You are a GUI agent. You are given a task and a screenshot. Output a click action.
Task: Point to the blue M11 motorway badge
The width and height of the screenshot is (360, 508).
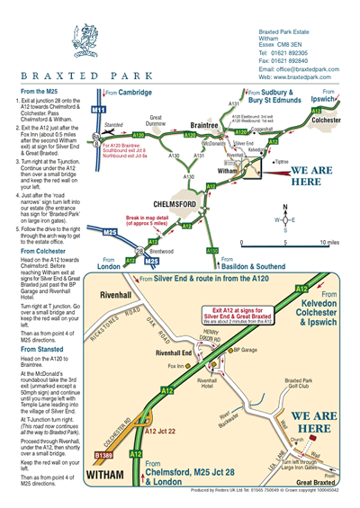100,110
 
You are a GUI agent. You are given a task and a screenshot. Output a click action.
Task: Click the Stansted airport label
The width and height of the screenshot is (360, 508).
113,125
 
